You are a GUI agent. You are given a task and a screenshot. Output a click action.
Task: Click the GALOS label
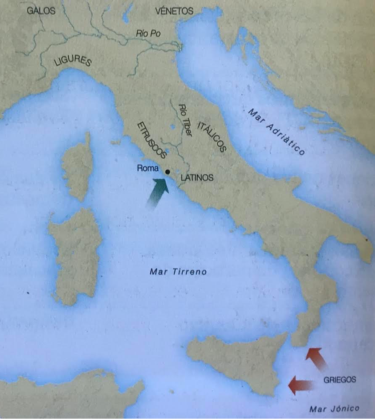(41, 11)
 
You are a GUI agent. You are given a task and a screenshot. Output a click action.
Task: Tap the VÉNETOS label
(174, 11)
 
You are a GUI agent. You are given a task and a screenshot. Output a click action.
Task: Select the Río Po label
(148, 34)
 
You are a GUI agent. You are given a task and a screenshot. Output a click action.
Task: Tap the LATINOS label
(197, 178)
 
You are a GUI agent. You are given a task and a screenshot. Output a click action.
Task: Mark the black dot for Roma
(167, 172)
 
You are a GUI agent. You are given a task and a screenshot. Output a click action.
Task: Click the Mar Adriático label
(276, 131)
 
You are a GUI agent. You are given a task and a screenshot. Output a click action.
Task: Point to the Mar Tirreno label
(178, 272)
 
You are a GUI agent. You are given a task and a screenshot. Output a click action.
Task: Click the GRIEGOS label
(340, 380)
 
